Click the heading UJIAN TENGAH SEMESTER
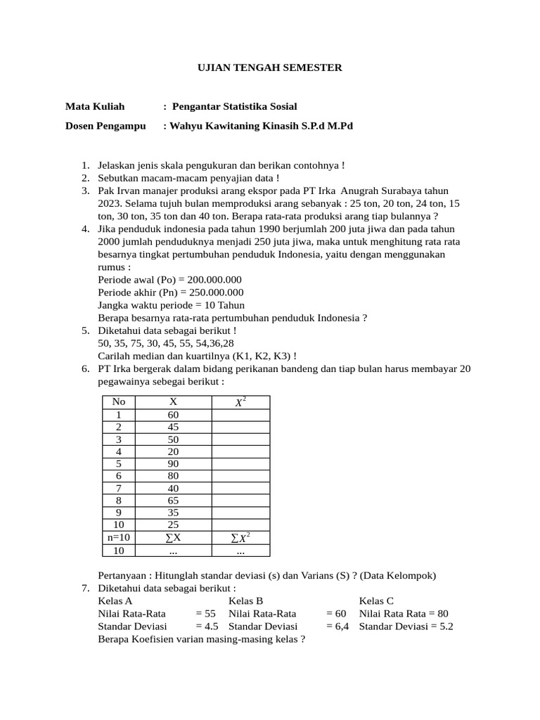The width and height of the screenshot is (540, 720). [x=269, y=67]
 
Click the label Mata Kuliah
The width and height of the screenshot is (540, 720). [x=95, y=106]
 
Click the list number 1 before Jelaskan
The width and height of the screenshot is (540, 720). [x=84, y=165]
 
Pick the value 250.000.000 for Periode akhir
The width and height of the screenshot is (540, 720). [x=212, y=292]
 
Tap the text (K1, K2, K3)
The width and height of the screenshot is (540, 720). [x=255, y=355]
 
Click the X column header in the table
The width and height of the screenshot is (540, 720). [x=173, y=401]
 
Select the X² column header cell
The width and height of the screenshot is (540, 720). [x=240, y=401]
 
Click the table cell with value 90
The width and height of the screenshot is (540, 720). [x=173, y=463]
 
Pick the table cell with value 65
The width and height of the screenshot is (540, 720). [x=173, y=501]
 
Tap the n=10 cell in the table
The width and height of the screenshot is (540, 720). [x=119, y=538]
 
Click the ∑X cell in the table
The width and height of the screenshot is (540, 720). [x=173, y=538]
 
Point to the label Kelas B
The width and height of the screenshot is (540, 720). [x=246, y=600]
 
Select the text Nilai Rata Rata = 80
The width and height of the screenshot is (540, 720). [x=404, y=613]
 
